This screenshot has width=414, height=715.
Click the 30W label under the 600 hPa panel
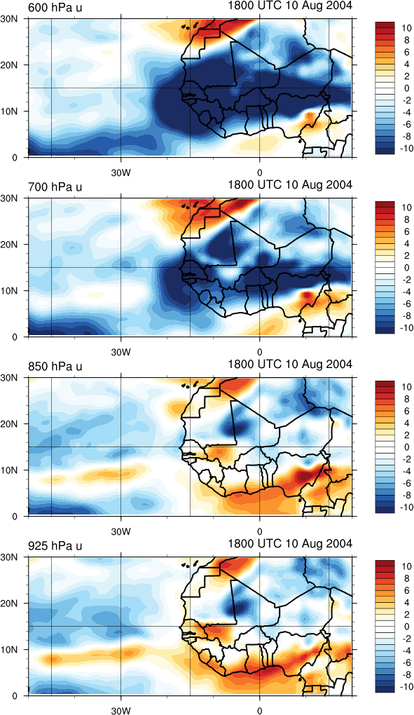click(121, 173)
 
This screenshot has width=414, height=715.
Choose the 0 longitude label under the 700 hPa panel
click(260, 352)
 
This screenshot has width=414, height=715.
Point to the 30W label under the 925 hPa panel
click(121, 711)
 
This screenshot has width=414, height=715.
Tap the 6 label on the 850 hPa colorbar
click(406, 411)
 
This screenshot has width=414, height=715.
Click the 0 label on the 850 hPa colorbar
click(406, 447)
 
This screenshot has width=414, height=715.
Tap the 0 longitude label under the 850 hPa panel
click(260, 531)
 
